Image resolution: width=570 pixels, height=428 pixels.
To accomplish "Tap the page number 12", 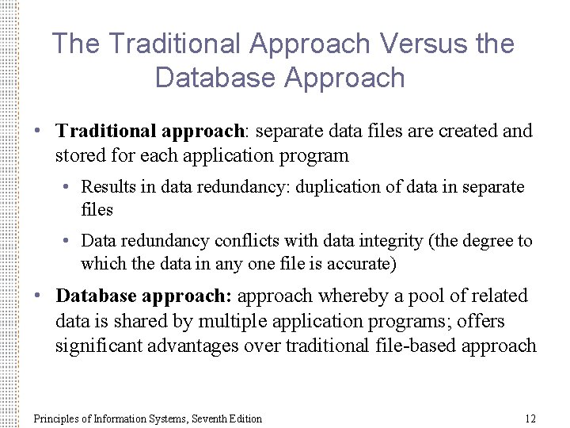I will coord(530,418).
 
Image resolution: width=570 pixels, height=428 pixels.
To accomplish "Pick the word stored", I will coord(78,155).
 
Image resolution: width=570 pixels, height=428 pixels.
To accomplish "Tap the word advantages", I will coord(197,346).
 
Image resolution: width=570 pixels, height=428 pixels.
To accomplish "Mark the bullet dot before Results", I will coord(70,188).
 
